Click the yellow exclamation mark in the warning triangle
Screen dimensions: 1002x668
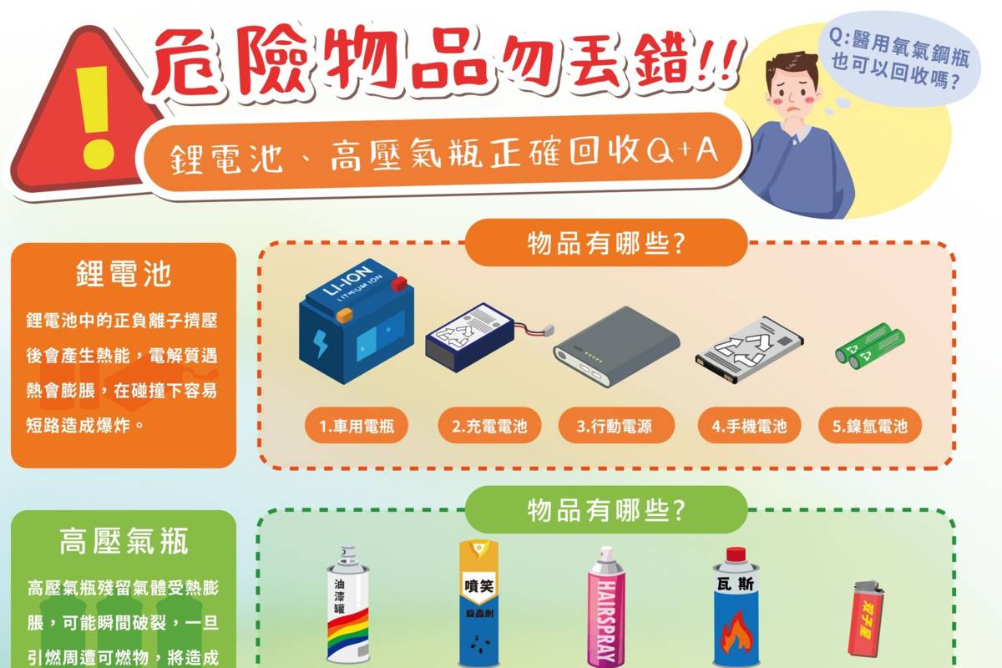pos(94,117)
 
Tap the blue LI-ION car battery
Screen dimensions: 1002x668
pos(357,321)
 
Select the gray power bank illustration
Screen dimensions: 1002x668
pos(617,347)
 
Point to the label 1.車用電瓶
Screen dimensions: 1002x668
pos(357,426)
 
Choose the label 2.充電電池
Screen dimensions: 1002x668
pos(489,426)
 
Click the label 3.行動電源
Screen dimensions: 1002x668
pos(616,426)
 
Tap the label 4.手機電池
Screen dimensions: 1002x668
pos(749,426)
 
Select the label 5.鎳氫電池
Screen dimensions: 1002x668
pos(870,426)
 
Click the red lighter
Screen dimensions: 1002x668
pos(866,619)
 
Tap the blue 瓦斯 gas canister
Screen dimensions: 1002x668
pos(736,608)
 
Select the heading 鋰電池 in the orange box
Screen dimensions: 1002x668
pos(124,273)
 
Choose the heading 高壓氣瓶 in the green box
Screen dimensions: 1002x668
pos(124,541)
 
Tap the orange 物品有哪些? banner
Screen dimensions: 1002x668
pos(606,243)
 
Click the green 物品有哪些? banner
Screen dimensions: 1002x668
pos(606,509)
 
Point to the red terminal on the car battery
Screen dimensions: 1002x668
pos(398,283)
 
